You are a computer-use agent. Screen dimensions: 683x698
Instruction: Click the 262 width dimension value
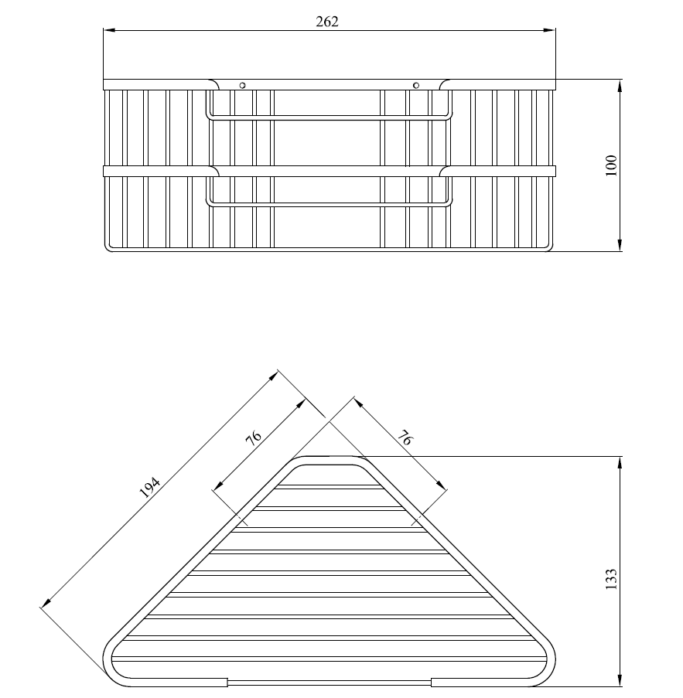[x=327, y=22]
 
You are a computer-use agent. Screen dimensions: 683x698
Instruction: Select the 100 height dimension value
[x=611, y=165]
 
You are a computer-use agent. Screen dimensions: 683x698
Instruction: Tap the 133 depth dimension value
[x=611, y=579]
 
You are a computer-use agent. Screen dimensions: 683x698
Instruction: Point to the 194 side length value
[x=149, y=488]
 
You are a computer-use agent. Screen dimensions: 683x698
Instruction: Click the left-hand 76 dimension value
[x=254, y=438]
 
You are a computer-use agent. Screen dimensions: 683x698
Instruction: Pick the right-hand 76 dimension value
[x=405, y=438]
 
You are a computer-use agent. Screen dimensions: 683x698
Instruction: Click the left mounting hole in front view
[x=242, y=85]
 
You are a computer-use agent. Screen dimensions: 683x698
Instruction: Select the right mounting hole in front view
[x=416, y=85]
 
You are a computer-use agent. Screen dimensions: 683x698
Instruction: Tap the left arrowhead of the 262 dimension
[x=109, y=30]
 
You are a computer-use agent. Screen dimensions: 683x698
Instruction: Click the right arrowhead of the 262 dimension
[x=550, y=30]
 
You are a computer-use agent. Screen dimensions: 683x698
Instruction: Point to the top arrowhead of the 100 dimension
[x=620, y=86]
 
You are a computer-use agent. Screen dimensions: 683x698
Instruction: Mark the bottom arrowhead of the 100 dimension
[x=620, y=245]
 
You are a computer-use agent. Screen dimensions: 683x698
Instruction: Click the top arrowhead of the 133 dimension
[x=620, y=462]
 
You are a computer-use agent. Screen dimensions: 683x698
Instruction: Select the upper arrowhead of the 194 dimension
[x=273, y=376]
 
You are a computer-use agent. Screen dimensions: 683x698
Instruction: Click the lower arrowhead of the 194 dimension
[x=46, y=603]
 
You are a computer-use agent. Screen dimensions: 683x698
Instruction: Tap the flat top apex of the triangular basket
[x=329, y=457]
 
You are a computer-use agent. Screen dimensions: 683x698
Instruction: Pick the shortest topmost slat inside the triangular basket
[x=330, y=486]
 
